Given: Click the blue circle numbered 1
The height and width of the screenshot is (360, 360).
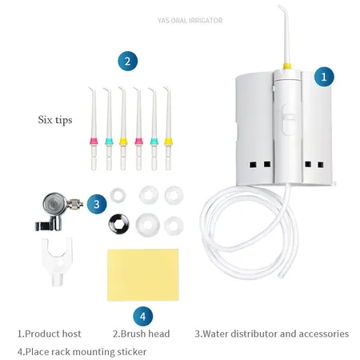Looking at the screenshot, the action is tap(324, 77).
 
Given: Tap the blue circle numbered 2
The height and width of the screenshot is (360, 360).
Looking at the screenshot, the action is tap(127, 61).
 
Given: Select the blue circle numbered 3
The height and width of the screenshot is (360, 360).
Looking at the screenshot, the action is tap(97, 204).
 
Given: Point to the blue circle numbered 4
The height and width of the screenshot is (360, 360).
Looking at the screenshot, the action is tap(142, 316).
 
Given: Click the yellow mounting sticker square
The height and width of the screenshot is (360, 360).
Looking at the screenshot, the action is tap(143, 275).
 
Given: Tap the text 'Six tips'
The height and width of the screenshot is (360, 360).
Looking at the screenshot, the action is tap(55, 120).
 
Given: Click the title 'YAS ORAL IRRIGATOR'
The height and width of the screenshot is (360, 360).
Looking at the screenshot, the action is tap(190, 21).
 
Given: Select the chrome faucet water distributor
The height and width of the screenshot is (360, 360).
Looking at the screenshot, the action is tap(58, 210).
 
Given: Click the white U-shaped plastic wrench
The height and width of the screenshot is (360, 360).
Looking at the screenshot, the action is tap(57, 260).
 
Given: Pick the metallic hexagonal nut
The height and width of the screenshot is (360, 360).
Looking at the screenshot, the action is tap(119, 223).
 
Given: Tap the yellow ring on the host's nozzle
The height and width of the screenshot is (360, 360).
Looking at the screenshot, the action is tap(286, 66).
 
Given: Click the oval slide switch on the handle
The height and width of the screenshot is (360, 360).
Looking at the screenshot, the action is tap(289, 120).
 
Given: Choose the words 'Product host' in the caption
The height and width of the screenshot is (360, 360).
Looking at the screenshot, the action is tap(53, 334).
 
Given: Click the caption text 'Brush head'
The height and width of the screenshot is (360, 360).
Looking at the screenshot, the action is tap(145, 334).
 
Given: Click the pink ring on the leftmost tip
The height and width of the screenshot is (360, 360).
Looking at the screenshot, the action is tap(94, 141).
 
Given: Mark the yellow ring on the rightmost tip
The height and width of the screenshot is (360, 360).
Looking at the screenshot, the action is tap(168, 141).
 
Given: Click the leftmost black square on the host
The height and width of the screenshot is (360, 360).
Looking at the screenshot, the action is tap(253, 165).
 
